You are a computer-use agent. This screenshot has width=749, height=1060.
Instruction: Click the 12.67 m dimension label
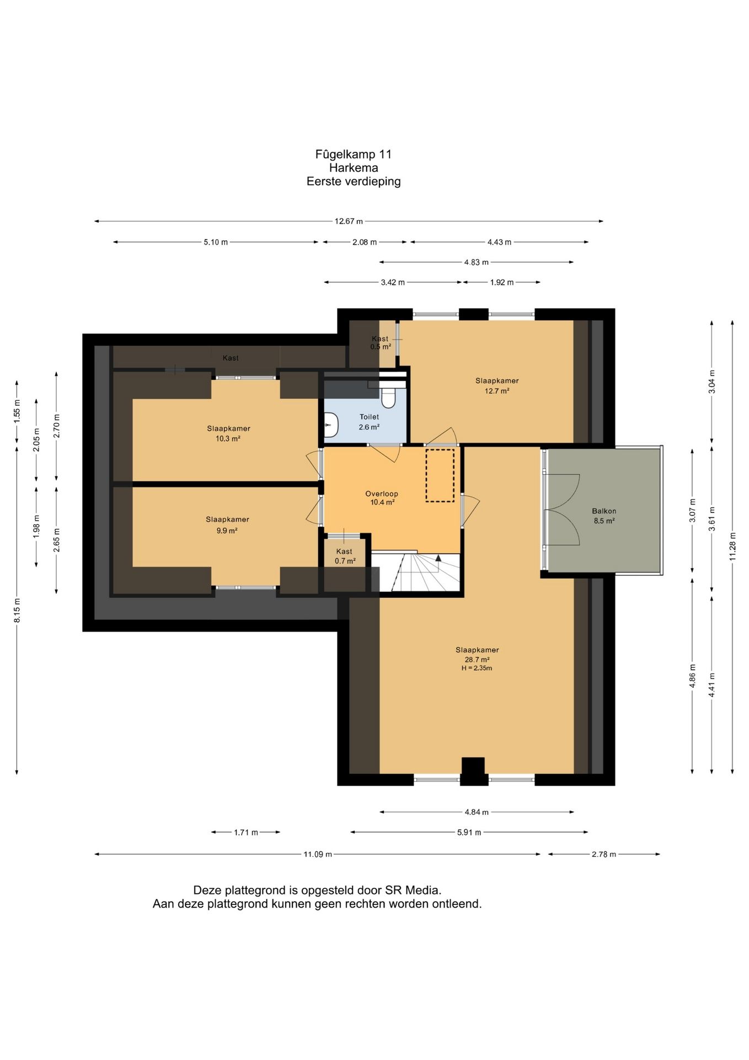click(349, 221)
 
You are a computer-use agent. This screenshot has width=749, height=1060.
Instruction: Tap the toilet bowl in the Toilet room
click(388, 397)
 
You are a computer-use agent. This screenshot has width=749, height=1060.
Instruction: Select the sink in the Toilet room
click(330, 425)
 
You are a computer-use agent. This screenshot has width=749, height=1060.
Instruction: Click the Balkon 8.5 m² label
click(604, 516)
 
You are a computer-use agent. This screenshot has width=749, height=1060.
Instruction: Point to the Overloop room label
click(382, 498)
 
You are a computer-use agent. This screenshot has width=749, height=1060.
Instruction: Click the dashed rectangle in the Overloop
click(440, 475)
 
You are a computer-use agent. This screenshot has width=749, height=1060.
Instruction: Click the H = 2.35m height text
click(477, 668)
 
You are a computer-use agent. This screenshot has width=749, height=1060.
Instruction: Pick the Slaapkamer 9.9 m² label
click(227, 525)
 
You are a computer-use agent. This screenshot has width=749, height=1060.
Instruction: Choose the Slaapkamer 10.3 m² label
click(228, 433)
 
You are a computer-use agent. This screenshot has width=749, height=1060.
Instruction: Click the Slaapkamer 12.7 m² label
click(497, 385)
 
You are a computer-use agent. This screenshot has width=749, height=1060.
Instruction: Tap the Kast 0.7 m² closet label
click(345, 556)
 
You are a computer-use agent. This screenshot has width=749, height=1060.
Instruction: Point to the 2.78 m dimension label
click(604, 854)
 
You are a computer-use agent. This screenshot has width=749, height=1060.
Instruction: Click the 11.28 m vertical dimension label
click(732, 547)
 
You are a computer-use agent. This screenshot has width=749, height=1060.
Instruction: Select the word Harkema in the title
click(354, 168)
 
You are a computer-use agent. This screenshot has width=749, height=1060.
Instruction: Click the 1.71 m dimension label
click(246, 832)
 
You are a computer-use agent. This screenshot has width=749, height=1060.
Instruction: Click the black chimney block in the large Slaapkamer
click(473, 771)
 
